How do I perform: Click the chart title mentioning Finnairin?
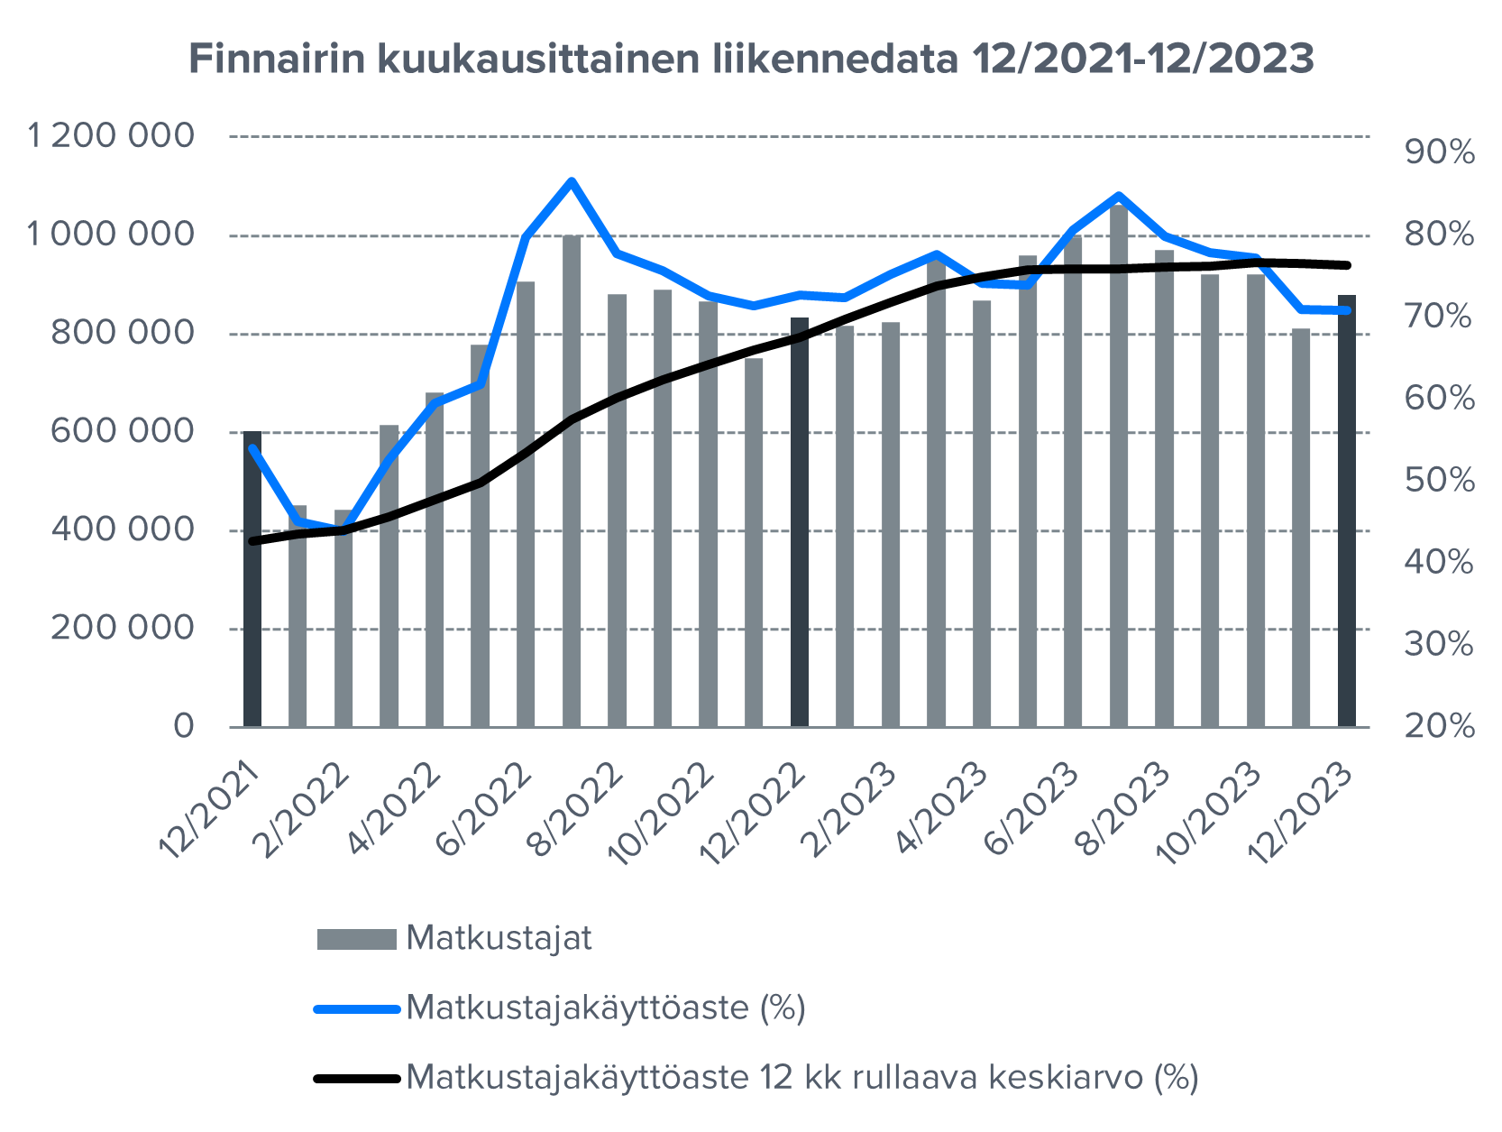(751, 60)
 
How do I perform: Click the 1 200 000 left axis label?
(111, 136)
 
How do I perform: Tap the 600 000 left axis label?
(122, 431)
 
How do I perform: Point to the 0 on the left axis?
(183, 726)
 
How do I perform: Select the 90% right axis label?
(1439, 152)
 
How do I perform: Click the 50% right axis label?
(1439, 480)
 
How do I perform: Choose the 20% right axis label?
(1439, 726)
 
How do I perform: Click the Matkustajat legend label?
(499, 939)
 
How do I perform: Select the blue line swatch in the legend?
(356, 1008)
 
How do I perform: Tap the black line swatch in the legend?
(356, 1078)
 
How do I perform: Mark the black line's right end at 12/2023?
(1347, 265)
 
